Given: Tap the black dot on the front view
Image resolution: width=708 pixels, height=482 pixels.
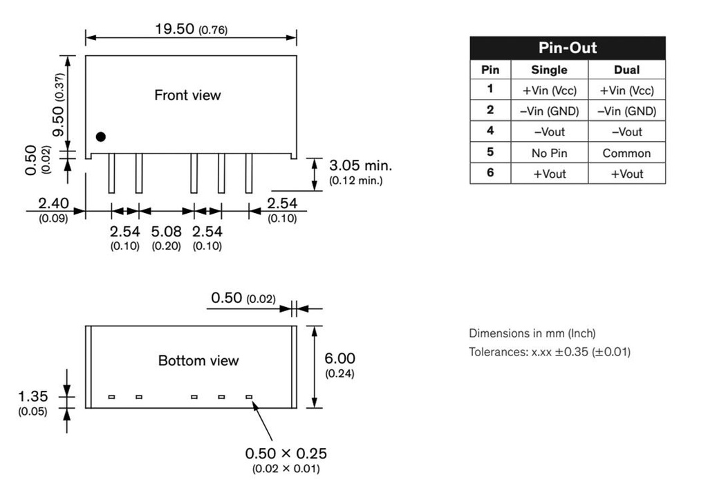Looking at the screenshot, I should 101,137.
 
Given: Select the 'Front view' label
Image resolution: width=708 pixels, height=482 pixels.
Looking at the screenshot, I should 187,95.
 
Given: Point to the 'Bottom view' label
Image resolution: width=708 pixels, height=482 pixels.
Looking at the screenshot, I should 198,360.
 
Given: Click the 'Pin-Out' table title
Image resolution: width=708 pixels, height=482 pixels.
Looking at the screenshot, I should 567,48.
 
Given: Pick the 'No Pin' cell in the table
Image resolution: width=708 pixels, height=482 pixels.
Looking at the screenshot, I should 549,153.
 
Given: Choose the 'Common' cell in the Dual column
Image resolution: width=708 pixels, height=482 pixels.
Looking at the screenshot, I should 626,153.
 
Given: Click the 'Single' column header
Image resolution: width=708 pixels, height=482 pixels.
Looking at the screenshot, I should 549,69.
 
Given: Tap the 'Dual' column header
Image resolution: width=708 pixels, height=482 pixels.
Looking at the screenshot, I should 626,69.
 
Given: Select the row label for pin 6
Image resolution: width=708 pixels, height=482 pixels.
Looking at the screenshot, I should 490,173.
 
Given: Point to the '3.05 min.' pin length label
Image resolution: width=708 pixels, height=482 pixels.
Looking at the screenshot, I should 360,166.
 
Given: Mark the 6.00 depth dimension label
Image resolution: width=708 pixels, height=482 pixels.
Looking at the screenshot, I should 339,358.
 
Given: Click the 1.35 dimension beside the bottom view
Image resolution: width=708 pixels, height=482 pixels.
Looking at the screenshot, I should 32,396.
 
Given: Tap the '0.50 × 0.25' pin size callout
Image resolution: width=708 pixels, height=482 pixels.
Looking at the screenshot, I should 286,454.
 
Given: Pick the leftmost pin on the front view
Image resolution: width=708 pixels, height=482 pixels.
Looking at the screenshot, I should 111,173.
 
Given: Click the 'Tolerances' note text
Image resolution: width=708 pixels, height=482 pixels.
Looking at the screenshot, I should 550,352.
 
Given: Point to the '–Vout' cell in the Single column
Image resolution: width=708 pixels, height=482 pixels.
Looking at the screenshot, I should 549,131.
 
